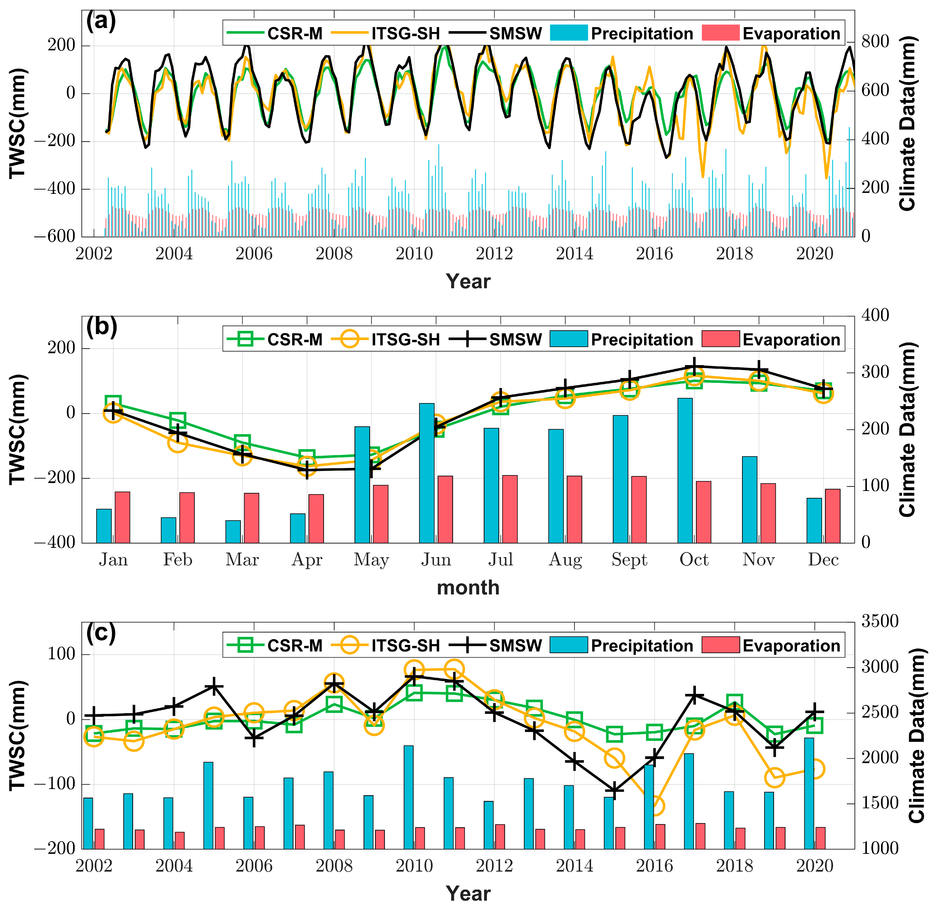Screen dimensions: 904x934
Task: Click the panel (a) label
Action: [101, 22]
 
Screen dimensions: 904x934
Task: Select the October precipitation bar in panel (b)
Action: [685, 470]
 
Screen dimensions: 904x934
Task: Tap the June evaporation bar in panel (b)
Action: [445, 509]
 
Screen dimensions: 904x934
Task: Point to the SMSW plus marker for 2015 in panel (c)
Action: [615, 791]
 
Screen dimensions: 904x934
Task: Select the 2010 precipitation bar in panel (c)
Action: [408, 797]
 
